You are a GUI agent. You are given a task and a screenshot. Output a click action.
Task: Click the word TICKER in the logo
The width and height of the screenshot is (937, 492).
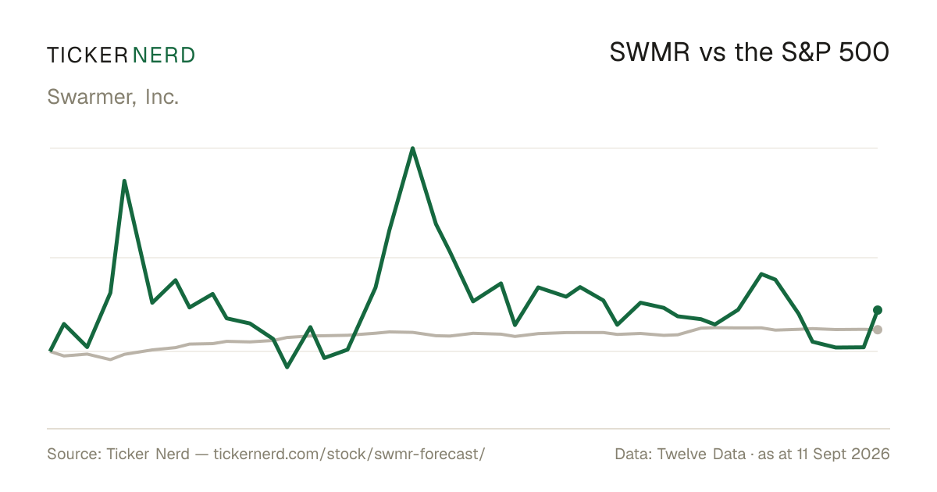(x=87, y=55)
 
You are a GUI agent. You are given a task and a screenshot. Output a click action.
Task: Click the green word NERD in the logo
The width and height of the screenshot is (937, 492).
(x=163, y=55)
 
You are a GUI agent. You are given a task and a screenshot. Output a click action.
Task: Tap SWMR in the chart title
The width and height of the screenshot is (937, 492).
(x=649, y=52)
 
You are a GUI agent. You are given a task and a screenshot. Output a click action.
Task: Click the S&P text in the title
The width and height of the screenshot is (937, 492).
(x=806, y=52)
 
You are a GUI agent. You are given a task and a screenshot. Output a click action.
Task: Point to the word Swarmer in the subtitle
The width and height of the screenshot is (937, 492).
(x=91, y=97)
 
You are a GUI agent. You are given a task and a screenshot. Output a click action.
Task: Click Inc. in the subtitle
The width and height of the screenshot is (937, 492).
(x=162, y=97)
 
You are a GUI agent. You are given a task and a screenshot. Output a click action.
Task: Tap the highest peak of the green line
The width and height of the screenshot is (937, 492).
(x=412, y=148)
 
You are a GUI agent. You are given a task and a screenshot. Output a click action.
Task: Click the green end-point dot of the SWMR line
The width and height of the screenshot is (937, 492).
(x=878, y=310)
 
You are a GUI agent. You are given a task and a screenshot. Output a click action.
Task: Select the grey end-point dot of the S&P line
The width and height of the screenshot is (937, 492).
(x=878, y=330)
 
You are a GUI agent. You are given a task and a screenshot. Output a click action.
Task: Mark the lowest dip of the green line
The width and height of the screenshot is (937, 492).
(x=287, y=367)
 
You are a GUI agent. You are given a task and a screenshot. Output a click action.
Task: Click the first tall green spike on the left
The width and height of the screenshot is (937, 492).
(x=124, y=181)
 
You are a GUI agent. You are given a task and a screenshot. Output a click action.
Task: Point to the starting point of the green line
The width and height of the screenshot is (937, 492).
(x=50, y=350)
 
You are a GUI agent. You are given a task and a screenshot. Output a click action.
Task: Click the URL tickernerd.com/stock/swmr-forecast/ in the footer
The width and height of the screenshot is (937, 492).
(x=349, y=454)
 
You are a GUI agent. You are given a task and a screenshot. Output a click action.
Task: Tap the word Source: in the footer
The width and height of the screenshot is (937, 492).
(x=74, y=454)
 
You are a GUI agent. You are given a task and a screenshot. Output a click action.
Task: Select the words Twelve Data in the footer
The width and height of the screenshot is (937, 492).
(x=701, y=454)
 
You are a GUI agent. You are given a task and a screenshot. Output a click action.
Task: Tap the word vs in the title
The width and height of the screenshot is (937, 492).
(x=713, y=55)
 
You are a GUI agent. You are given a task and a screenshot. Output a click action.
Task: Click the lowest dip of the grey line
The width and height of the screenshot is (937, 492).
(x=110, y=359)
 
